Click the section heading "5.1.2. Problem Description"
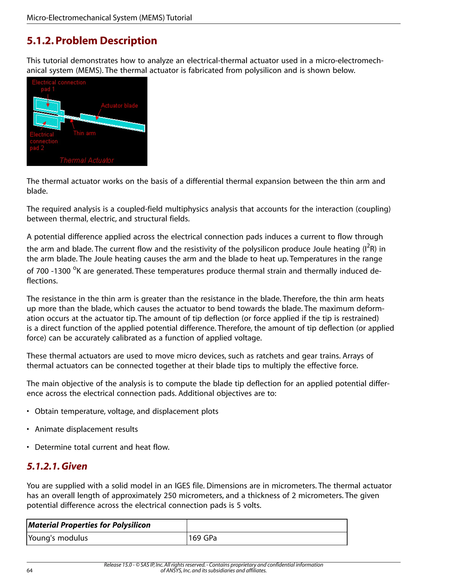[92, 41]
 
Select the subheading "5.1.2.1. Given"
[57, 466]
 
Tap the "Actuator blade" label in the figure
[119, 106]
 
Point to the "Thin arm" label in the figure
[84, 133]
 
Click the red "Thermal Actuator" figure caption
[87, 160]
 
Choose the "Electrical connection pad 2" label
[43, 141]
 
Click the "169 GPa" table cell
[203, 538]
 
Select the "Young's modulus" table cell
[58, 538]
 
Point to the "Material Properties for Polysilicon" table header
[89, 525]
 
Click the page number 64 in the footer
[29, 570]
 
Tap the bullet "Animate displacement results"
[86, 429]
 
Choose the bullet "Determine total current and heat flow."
[102, 447]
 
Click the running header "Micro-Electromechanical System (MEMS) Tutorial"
[109, 18]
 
